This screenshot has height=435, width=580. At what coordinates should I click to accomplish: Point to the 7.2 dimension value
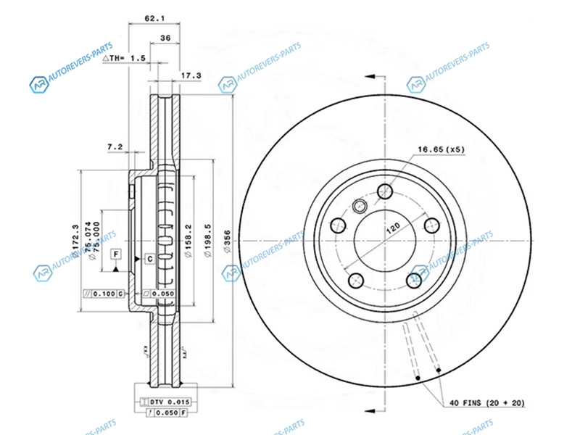coord(115,148)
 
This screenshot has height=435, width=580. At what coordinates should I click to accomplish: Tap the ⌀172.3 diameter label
coord(75,241)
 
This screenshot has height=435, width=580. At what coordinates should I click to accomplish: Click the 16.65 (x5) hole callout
coord(439,151)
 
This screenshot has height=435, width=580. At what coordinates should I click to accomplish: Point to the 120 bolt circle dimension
coord(392,227)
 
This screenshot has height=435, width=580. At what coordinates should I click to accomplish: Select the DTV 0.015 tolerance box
coord(165,402)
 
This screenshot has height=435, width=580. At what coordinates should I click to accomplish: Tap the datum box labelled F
coord(115,254)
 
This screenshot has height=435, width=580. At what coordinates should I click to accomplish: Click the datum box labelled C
coord(149,258)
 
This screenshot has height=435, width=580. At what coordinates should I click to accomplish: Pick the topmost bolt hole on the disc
coord(386,191)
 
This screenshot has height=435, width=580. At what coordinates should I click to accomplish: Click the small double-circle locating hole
coord(357,208)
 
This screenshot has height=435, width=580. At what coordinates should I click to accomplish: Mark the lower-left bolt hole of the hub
coord(355,279)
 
